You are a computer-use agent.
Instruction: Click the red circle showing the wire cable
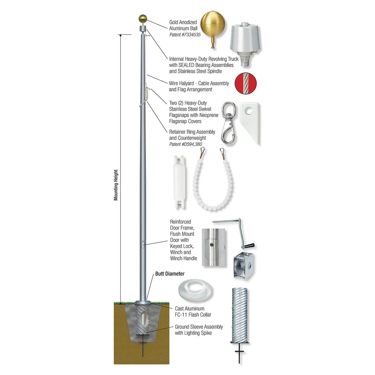[246, 83]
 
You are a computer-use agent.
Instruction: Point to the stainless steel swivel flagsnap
[229, 122]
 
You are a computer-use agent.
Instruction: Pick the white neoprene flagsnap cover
[250, 124]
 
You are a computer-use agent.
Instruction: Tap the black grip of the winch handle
[249, 246]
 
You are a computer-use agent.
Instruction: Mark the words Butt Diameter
[170, 274]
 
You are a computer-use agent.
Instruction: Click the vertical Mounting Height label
[116, 185]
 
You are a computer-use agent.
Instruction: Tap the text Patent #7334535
[185, 35]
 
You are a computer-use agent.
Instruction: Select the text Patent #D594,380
[185, 144]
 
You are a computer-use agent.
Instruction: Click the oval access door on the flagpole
[143, 244]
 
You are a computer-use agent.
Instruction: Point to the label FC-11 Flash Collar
[193, 315]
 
